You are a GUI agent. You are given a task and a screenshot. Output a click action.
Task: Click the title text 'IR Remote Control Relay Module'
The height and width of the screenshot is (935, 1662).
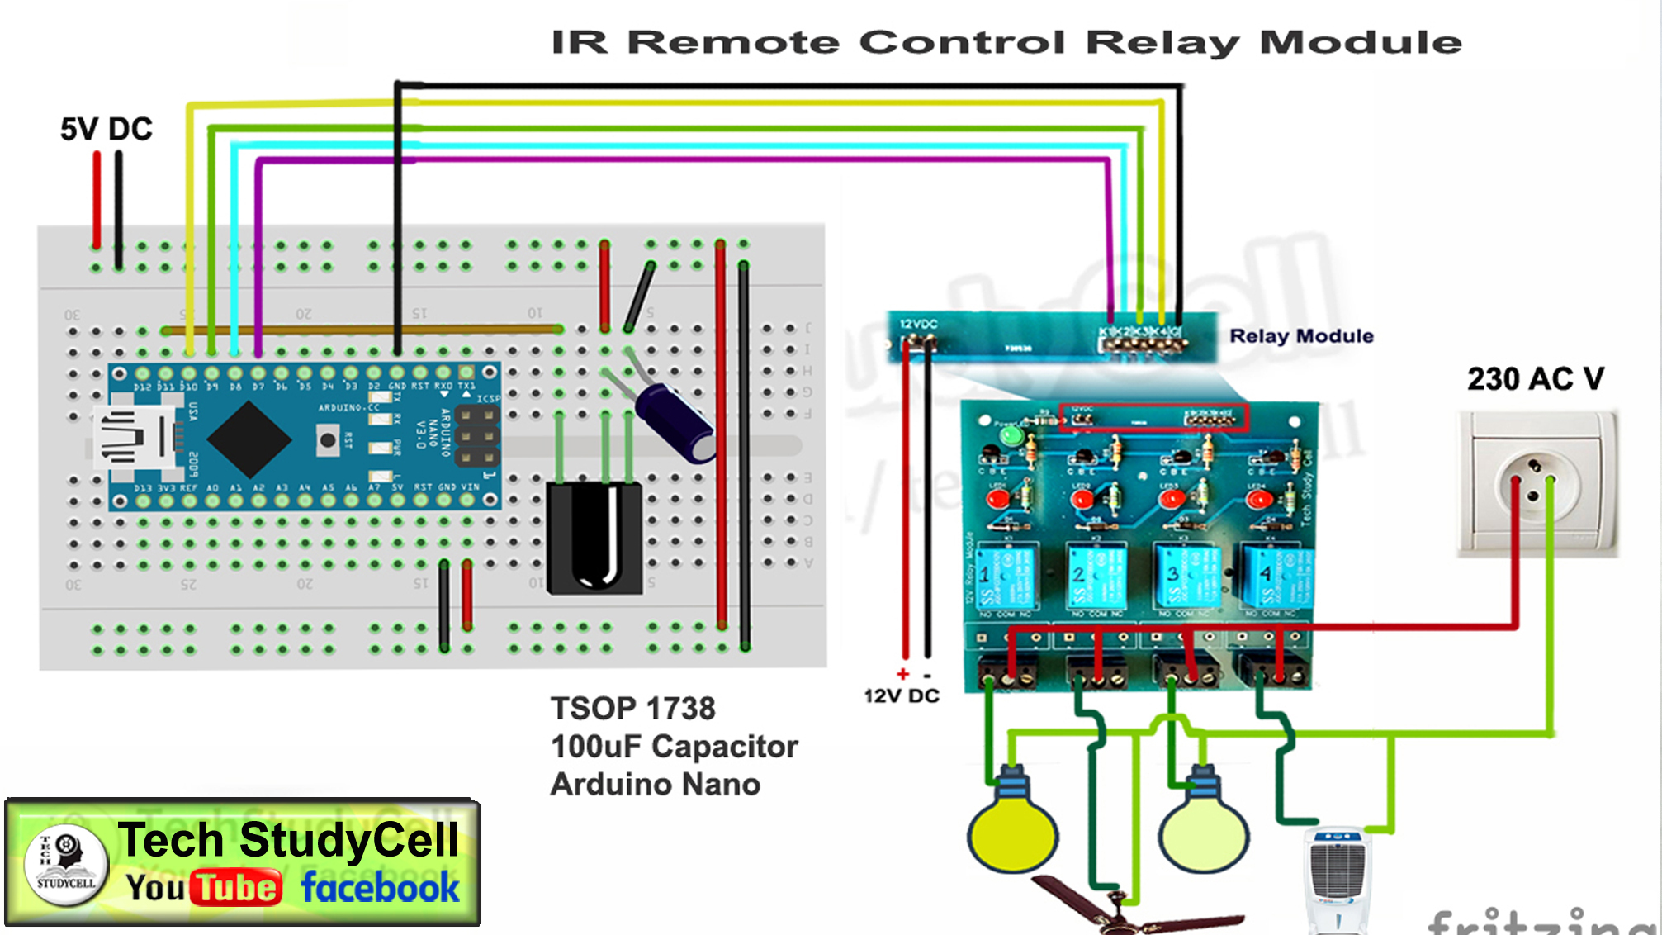1006,42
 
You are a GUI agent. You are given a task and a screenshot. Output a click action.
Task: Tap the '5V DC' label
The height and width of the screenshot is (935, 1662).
107,129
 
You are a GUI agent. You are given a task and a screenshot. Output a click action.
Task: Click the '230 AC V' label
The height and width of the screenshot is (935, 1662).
1535,379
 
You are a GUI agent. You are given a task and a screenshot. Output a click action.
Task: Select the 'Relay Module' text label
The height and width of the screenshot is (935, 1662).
1301,336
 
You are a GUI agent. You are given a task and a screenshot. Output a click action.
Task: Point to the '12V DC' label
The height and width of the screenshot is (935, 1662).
902,695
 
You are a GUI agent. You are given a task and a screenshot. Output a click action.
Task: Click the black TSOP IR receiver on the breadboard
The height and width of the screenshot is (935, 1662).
594,539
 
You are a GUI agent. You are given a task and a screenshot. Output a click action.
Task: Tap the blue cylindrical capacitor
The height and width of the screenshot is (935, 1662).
675,421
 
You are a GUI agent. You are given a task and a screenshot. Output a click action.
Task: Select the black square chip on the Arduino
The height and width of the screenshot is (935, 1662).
249,439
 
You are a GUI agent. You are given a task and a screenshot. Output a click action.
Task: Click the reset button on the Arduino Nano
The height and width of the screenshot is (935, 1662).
328,440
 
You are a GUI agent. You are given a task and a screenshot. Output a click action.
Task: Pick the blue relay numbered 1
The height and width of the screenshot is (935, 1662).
1007,577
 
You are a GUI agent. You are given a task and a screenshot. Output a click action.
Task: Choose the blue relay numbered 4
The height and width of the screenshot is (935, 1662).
1276,577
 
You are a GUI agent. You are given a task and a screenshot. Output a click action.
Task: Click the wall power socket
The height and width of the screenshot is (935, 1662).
1537,484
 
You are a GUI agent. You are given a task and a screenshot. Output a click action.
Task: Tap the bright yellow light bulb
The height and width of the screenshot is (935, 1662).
1012,830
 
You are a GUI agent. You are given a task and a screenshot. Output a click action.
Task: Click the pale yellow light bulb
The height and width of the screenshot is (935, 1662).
1203,830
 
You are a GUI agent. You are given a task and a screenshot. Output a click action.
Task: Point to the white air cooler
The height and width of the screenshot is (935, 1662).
1338,880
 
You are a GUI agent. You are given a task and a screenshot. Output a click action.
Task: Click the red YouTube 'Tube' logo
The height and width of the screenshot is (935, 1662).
236,888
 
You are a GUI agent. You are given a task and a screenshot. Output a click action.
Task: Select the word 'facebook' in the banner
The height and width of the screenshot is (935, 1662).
380,888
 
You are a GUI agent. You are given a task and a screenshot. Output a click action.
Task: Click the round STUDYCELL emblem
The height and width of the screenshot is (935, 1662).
66,864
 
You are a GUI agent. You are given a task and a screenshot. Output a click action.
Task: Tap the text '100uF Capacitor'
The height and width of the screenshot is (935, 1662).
674,747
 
